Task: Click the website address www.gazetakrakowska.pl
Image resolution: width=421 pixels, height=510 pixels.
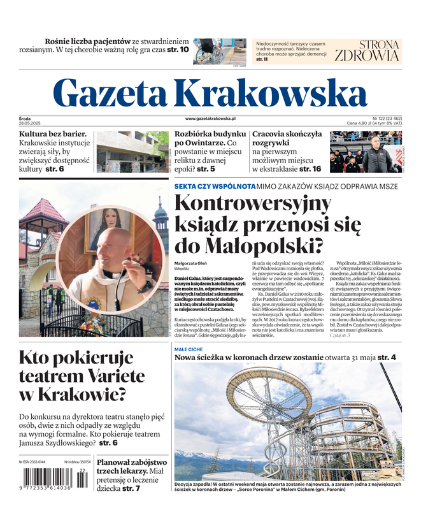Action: [211, 119]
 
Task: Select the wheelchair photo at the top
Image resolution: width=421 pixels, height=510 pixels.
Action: [220, 50]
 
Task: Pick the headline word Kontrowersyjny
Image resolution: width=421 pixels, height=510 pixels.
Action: [253, 205]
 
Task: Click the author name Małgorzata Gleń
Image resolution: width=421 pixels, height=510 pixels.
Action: [195, 263]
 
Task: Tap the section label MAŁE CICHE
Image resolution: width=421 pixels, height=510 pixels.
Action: [188, 350]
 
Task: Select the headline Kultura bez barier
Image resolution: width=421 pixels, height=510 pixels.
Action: [52, 135]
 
